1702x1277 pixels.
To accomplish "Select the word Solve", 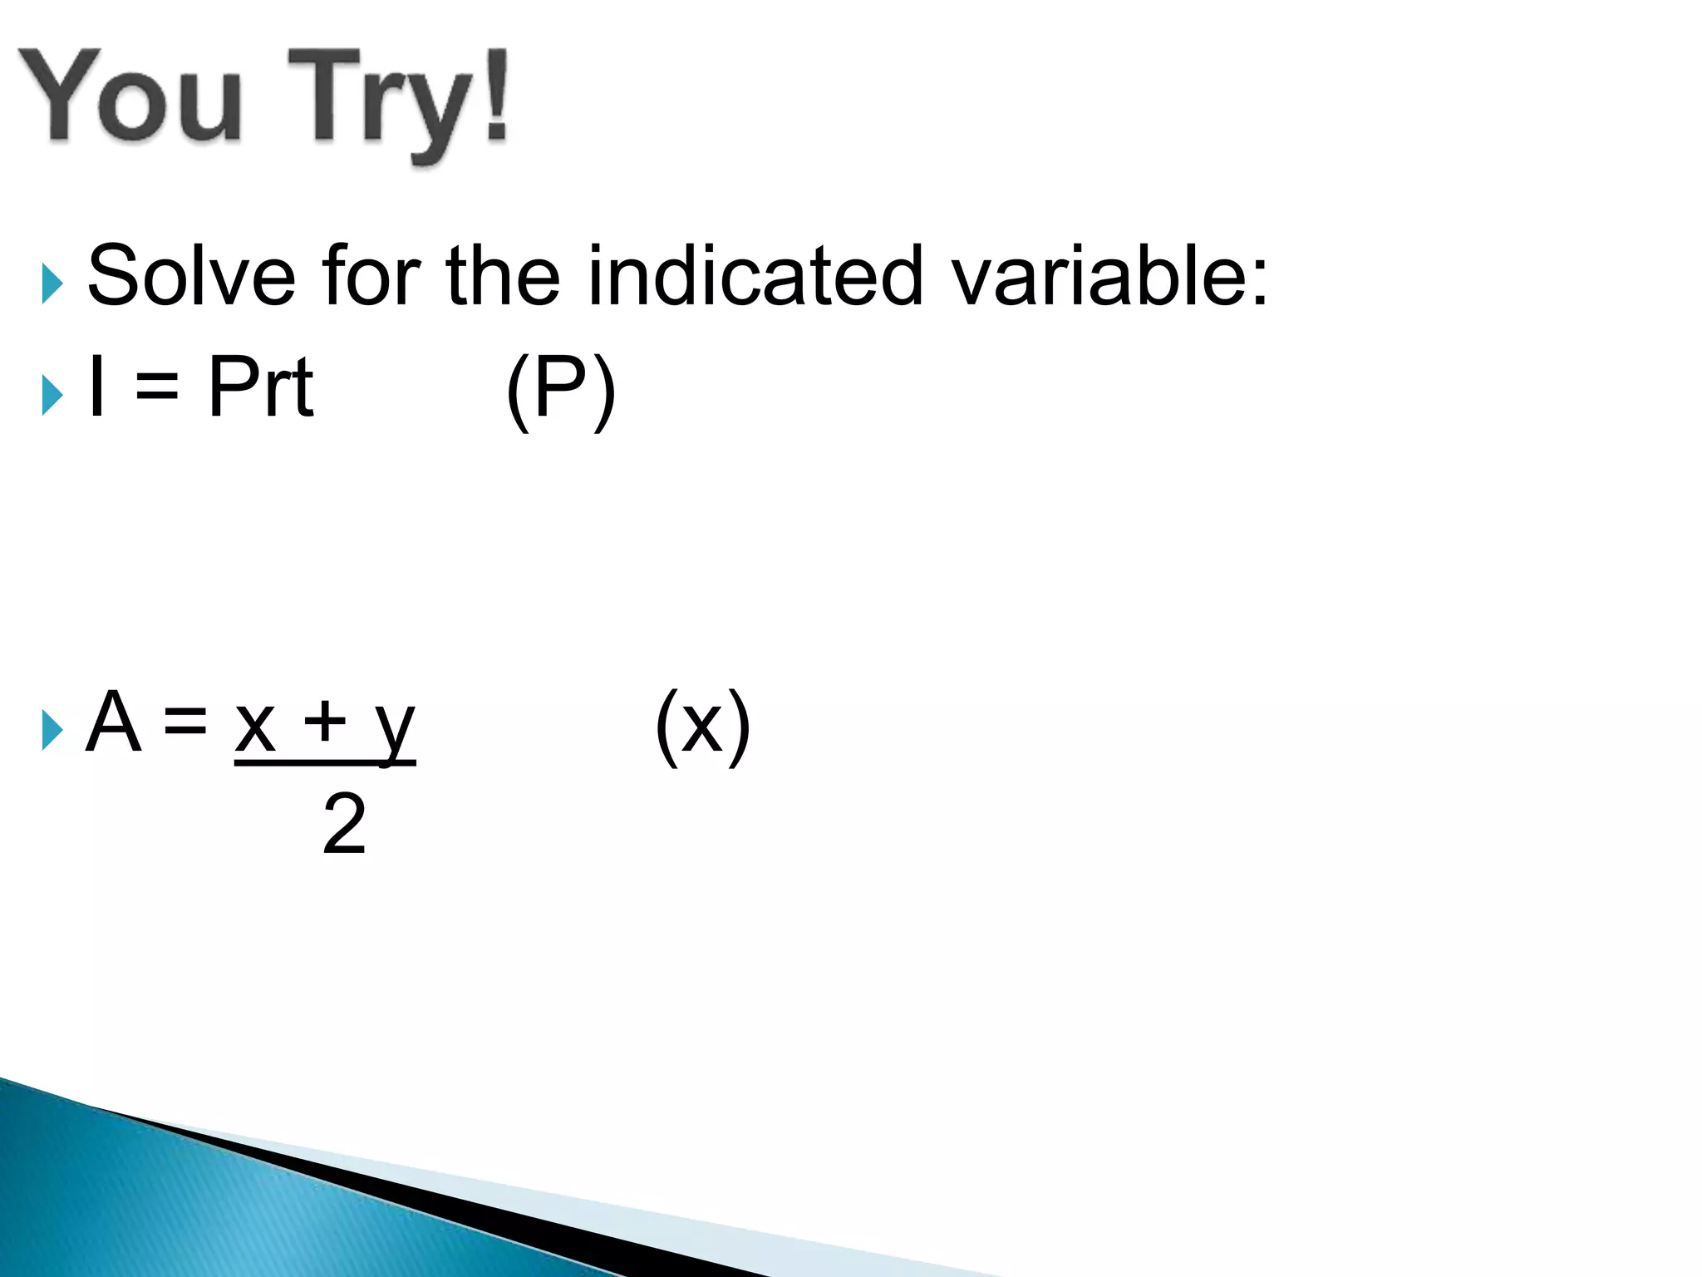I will (191, 276).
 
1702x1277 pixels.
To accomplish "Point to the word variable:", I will (1110, 276).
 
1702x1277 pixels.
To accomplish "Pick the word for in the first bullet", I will (371, 276).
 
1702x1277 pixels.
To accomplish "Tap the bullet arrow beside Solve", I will (52, 284).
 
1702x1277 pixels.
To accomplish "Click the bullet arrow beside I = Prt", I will (52, 395).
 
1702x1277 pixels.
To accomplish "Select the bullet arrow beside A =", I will (52, 731).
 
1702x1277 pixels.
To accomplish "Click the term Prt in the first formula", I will (260, 387).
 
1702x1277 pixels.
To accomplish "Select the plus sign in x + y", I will (324, 722).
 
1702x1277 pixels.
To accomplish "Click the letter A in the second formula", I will (113, 722).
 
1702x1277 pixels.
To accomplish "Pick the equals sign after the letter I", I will (157, 387).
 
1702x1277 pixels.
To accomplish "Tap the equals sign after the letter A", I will (184, 722).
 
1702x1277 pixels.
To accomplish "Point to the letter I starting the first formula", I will (97, 387).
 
